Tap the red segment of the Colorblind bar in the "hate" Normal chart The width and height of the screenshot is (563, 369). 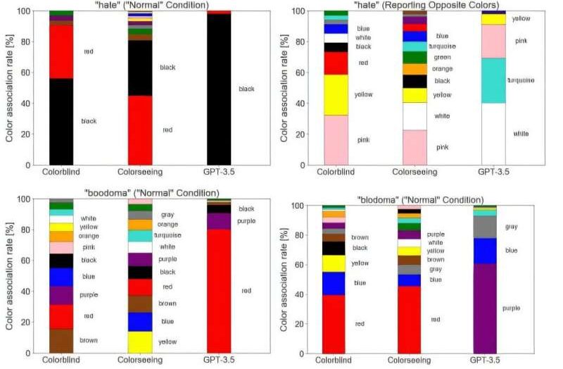[x=62, y=51]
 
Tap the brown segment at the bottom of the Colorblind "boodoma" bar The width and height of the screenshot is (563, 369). [x=62, y=341]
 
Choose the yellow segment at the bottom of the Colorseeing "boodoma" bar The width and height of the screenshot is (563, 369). [x=141, y=342]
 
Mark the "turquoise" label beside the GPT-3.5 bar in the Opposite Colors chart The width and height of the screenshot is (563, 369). [x=521, y=80]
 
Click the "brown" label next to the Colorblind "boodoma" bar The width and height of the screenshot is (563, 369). [x=89, y=341]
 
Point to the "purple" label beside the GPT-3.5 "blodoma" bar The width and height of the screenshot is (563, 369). [x=521, y=308]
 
